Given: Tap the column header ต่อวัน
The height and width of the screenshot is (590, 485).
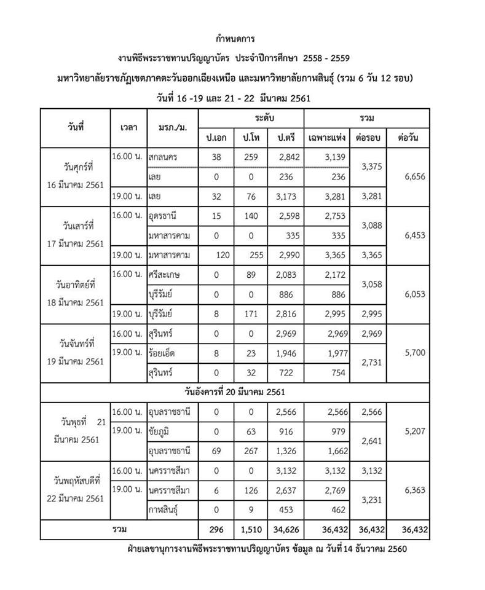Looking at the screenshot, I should coord(408,138).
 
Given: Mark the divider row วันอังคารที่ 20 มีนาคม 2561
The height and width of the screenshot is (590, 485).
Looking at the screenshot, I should coord(234,391).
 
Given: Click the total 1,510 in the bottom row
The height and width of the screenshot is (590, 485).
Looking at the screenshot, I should coord(247,529).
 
